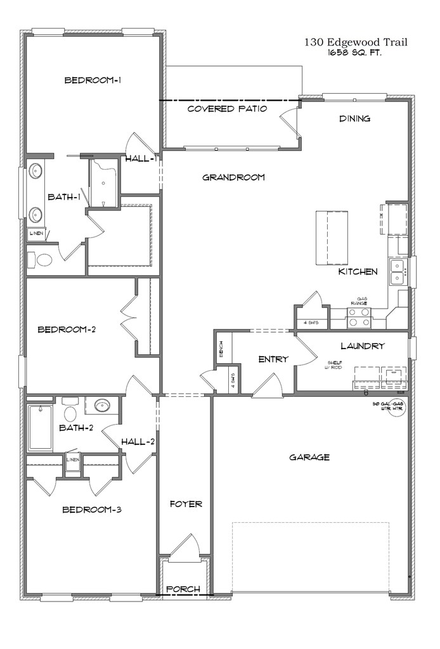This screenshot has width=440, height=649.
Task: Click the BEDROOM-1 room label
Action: click(93, 80)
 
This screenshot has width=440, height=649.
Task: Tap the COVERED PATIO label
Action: click(227, 109)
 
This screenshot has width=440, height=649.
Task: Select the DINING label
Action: click(354, 119)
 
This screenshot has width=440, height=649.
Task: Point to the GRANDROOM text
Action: click(233, 177)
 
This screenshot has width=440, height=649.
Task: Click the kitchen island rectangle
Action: click(332, 238)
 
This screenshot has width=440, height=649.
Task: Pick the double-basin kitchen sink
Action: click(399, 271)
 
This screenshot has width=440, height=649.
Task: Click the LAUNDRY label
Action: click(362, 346)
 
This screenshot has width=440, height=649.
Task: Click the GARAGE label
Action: click(309, 457)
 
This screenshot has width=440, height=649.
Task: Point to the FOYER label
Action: click(186, 504)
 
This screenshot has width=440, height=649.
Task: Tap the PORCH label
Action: click(183, 589)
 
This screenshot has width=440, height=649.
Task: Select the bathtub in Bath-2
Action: click(40, 428)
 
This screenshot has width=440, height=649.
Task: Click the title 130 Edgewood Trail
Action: click(355, 42)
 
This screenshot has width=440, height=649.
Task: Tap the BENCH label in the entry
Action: click(221, 350)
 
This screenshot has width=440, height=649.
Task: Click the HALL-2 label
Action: click(138, 441)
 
